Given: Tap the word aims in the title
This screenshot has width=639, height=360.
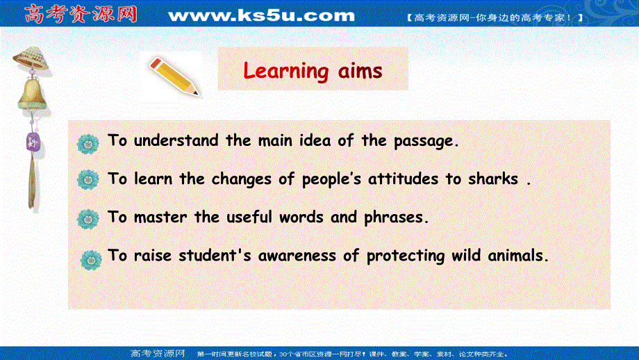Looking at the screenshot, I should [x=358, y=70].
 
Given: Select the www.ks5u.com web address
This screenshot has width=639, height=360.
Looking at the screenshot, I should [x=261, y=15].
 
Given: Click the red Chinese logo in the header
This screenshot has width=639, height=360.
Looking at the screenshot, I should [x=80, y=14].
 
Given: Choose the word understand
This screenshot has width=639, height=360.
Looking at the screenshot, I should [x=177, y=140].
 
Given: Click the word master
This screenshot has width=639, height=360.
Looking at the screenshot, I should [x=161, y=217].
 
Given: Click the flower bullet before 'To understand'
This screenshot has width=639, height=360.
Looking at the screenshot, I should [x=88, y=142].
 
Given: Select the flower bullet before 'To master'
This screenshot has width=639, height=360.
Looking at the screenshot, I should [x=88, y=219].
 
